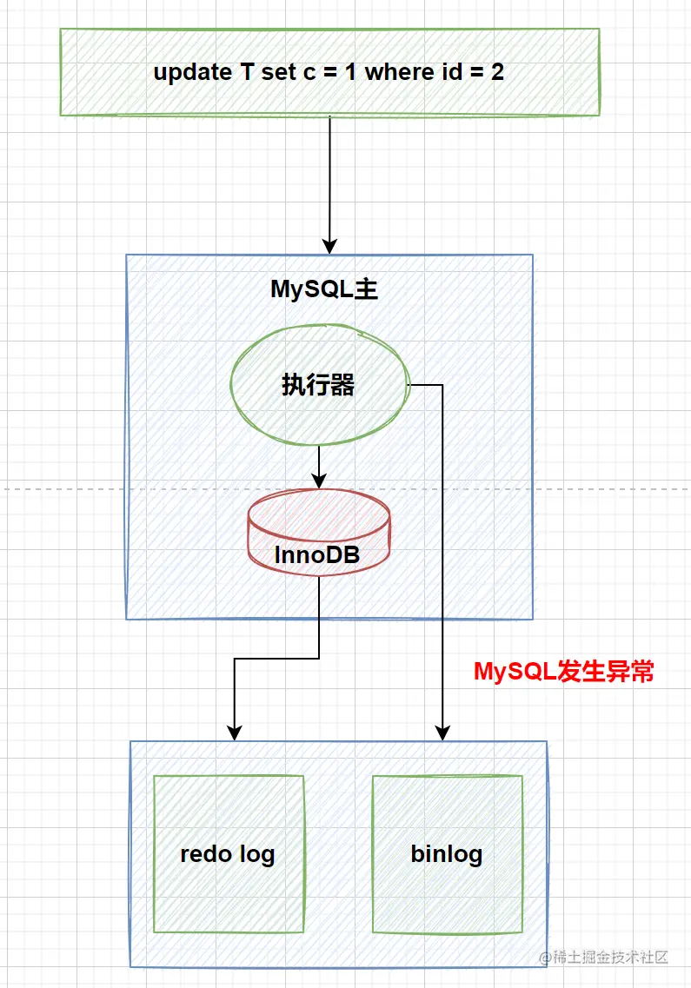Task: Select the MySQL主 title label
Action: (x=324, y=289)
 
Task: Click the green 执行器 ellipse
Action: (x=318, y=385)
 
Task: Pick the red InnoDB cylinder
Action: (x=318, y=532)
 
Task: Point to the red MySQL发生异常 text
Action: (x=563, y=672)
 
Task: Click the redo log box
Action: (x=229, y=853)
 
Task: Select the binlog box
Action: (x=447, y=853)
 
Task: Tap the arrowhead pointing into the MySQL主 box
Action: (x=329, y=246)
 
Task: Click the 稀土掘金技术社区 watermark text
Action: (x=609, y=957)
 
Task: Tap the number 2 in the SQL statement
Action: (x=497, y=72)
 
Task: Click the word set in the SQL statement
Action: (x=279, y=72)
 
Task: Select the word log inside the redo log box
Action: (x=256, y=854)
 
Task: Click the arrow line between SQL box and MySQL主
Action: (x=329, y=174)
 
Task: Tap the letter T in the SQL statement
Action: (x=248, y=72)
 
